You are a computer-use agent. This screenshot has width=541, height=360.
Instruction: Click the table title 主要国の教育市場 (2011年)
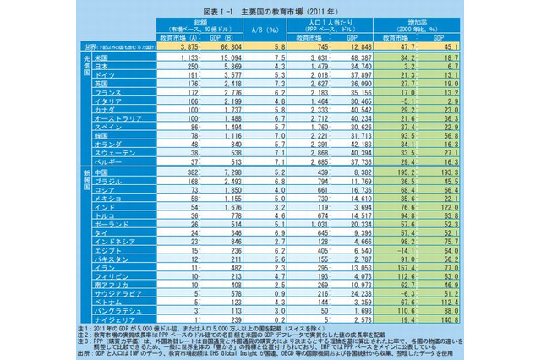270,9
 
